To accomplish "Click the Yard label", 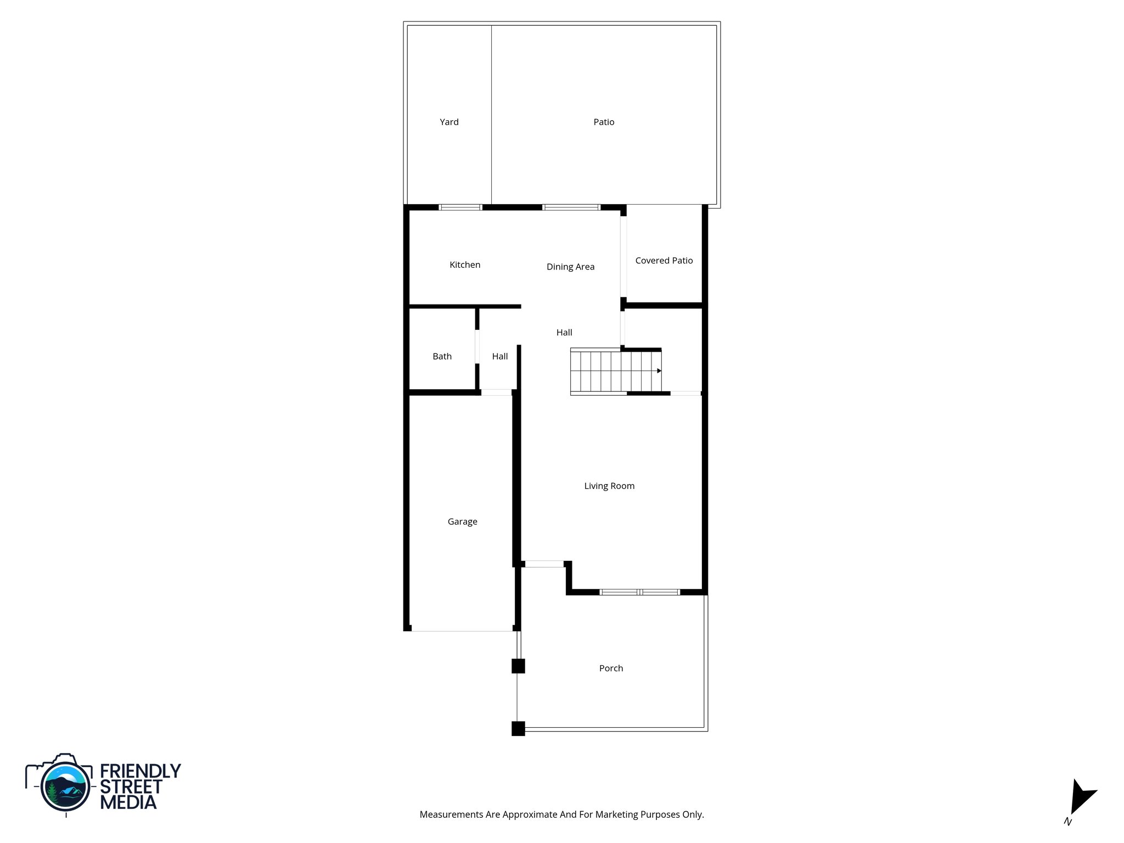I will click(449, 122).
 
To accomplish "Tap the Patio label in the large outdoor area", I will click(604, 122).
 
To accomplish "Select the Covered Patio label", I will click(664, 261).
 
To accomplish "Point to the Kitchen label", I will click(465, 265).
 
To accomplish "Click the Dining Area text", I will click(570, 267).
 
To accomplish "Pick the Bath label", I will click(442, 356).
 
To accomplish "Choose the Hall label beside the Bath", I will click(499, 356).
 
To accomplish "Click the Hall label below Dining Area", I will click(564, 332).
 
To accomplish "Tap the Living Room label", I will click(609, 486).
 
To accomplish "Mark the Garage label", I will click(462, 521).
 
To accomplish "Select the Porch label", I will click(611, 668).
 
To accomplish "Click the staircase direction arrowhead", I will click(659, 371).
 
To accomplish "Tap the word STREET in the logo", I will click(131, 786).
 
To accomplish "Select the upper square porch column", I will click(518, 666).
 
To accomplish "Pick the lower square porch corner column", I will click(518, 728).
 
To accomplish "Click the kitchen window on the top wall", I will click(460, 207).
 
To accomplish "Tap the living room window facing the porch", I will click(639, 592).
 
